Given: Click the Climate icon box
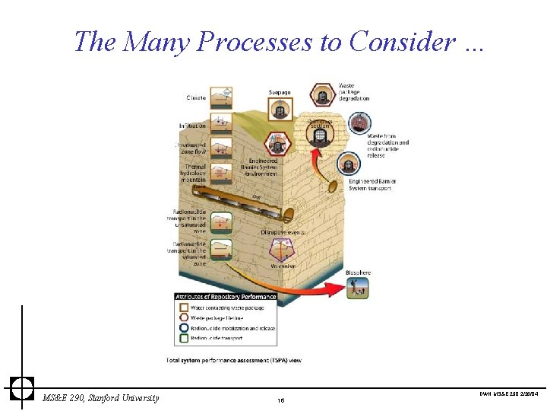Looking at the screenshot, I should coord(222,97).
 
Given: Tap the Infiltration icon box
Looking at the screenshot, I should coord(222,123).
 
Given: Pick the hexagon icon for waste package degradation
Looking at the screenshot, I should coord(322,96).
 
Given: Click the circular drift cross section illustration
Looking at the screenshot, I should coord(320,135).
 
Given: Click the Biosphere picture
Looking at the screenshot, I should coord(356,287).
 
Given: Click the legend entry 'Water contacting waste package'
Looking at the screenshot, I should coord(227,307).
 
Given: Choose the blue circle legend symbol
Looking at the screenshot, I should coord(184,328).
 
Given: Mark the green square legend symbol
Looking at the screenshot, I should coord(184,338).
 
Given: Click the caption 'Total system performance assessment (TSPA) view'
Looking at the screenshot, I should coord(233,359).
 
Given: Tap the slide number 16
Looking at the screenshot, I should coord(280,400).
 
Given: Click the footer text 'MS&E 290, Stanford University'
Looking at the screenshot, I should coord(101,398).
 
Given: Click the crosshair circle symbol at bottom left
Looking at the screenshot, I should coord(22,387).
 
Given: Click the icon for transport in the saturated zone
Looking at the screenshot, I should coord(222,249).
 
